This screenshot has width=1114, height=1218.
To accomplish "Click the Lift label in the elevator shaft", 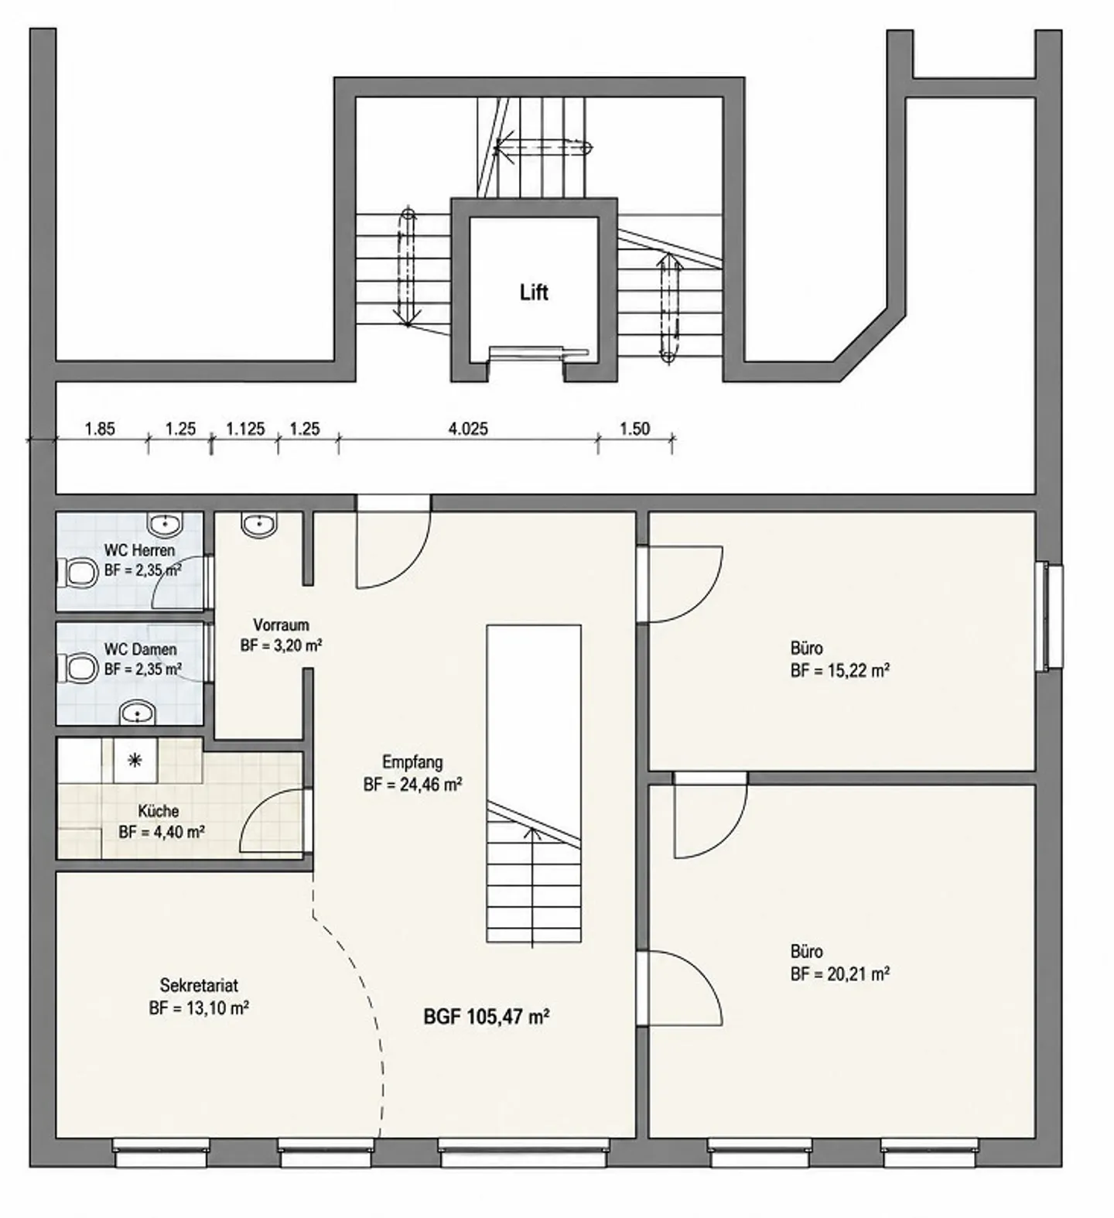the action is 534,293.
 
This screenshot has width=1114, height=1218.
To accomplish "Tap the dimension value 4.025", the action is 468,429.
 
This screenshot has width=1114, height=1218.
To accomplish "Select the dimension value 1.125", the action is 245,429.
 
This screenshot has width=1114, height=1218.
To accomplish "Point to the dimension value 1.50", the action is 634,429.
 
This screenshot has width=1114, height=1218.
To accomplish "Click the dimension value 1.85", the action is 100,429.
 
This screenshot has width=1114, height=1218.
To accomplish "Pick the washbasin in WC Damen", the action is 138,712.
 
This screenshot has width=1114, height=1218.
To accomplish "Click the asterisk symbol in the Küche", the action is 135,761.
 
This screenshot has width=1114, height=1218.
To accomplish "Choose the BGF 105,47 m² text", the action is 486,1017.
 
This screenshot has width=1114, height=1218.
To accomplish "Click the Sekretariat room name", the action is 199,986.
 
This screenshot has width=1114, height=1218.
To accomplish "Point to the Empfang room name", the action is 412,762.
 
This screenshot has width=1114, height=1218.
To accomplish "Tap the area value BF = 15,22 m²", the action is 839,671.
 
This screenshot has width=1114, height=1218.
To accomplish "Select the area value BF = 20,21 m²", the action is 839,974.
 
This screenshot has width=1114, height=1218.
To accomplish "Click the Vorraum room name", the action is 281,625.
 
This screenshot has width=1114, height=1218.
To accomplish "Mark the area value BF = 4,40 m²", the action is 162,833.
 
